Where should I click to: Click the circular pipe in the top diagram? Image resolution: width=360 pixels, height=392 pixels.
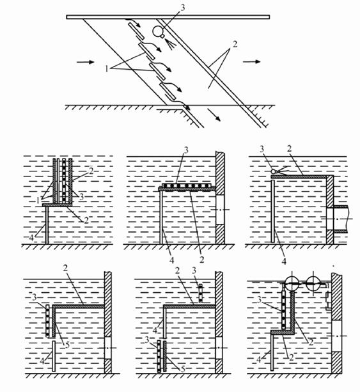158,31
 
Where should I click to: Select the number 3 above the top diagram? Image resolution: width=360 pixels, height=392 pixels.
183,8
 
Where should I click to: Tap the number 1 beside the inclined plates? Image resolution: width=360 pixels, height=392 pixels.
107,68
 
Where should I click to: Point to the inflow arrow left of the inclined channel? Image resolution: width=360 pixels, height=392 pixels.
85,62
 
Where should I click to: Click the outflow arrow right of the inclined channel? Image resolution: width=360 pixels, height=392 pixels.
252,61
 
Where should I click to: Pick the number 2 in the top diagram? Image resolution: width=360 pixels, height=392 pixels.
235,45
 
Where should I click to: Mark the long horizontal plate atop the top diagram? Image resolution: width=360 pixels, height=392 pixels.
168,17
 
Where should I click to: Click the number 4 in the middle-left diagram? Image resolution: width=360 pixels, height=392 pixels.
31,237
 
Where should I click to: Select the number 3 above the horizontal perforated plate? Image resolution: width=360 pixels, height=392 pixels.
185,150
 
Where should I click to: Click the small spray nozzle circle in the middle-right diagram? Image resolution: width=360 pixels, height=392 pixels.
274,171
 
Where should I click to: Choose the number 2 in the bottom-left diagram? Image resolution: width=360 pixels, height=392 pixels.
65,268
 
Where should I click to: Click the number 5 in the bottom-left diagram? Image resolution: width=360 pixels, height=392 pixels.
67,345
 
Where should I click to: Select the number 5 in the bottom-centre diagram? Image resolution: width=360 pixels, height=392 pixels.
183,369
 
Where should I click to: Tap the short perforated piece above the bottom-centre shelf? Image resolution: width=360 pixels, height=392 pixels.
201,293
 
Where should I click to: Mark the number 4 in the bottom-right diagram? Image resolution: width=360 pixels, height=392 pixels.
259,360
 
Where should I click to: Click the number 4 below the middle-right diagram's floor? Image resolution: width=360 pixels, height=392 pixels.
284,262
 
